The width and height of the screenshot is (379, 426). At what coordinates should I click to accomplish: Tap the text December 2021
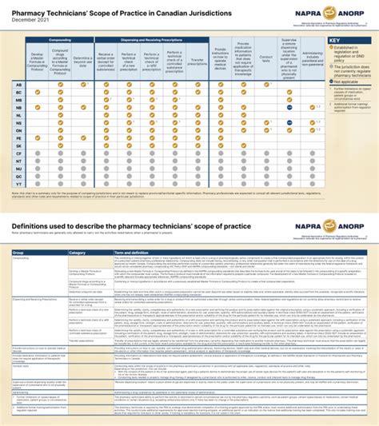[30, 18]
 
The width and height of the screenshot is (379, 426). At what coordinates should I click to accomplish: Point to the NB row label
[18, 106]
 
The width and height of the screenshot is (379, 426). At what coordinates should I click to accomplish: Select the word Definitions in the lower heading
[33, 227]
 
